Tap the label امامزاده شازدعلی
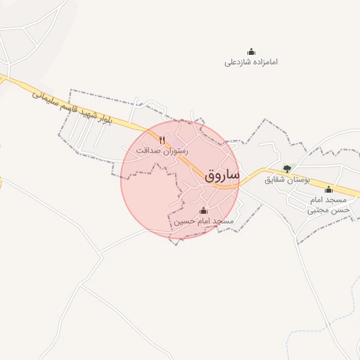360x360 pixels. (x=251, y=62)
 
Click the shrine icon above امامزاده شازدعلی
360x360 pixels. (x=251, y=51)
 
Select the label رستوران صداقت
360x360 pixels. (x=163, y=150)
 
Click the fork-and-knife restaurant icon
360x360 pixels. (x=163, y=139)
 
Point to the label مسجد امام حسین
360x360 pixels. (x=204, y=221)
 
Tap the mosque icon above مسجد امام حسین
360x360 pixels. (x=204, y=210)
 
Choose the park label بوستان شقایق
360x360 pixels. (x=286, y=179)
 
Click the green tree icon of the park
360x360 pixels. (x=286, y=169)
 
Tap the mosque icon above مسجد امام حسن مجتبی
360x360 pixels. (x=328, y=189)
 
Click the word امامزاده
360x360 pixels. (x=263, y=62)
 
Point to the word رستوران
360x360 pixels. (x=173, y=150)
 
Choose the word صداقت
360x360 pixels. (x=148, y=150)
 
